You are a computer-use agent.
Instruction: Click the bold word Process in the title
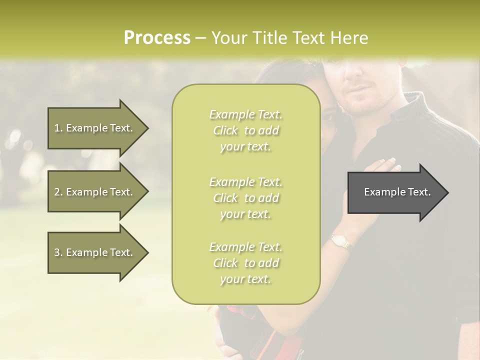point(157,38)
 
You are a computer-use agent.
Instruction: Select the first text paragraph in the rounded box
point(245,130)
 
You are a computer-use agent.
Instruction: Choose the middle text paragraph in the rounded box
point(245,198)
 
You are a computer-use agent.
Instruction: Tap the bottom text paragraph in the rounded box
point(245,263)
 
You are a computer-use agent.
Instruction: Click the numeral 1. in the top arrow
point(58,128)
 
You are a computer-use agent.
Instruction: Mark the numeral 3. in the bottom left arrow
point(58,252)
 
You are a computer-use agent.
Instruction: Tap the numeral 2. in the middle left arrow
point(58,192)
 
